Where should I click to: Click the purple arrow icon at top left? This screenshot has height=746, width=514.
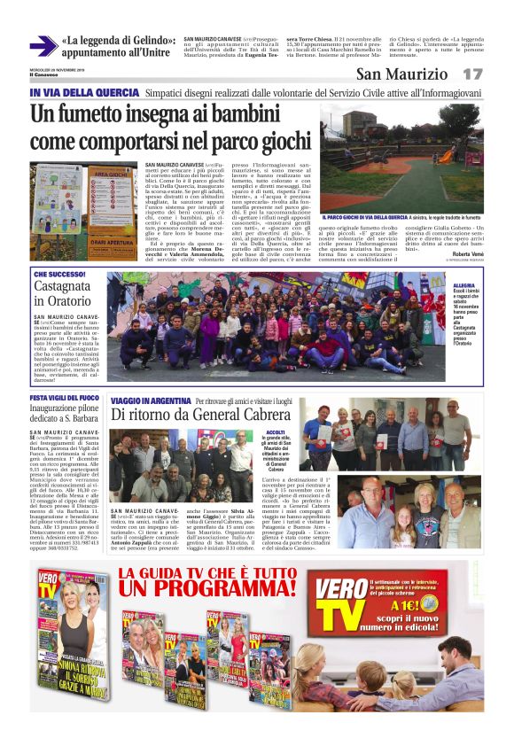[x=43, y=46]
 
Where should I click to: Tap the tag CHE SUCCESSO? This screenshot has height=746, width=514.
[x=59, y=276]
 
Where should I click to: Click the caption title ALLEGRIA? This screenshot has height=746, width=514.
[x=463, y=285]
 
